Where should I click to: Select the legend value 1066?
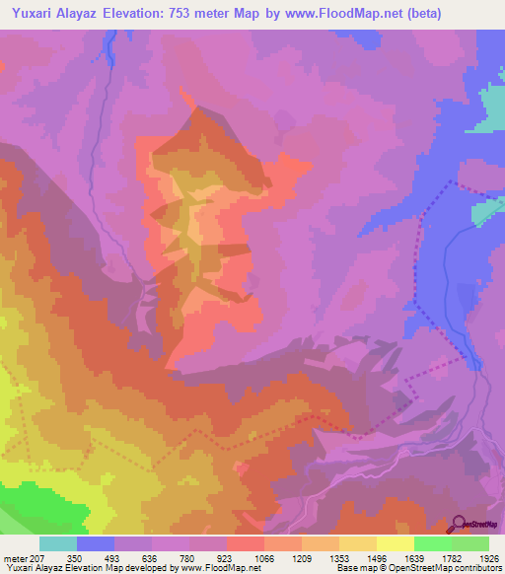tap(263, 557)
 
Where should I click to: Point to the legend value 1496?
tap(375, 557)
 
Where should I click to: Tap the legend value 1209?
tap(301, 557)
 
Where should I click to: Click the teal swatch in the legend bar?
tap(58, 543)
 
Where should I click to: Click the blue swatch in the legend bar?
tap(96, 543)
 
